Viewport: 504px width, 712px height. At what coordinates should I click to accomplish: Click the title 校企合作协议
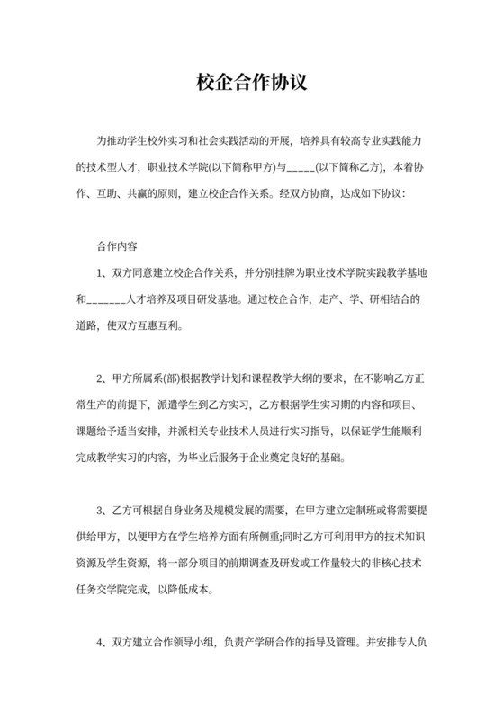[x=252, y=82]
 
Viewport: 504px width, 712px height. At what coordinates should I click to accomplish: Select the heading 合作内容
[x=116, y=245]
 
